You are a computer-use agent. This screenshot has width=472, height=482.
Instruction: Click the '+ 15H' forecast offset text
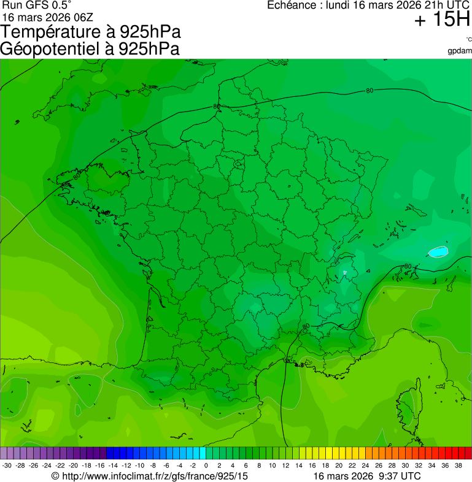(x=442, y=20)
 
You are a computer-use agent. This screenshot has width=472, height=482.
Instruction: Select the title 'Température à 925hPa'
(x=91, y=32)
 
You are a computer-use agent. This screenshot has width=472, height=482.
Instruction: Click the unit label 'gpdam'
(x=460, y=50)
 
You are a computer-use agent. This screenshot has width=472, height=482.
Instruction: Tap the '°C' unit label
(x=468, y=39)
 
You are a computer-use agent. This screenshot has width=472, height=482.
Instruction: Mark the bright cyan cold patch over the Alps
(x=438, y=251)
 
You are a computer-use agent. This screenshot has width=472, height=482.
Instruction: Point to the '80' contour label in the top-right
(x=369, y=91)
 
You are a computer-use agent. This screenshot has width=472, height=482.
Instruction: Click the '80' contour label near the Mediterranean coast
(x=306, y=326)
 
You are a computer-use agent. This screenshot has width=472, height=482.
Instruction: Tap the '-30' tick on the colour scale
(x=7, y=465)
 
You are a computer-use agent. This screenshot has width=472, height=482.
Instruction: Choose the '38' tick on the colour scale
(x=466, y=465)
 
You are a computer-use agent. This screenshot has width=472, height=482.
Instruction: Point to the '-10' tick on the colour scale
(x=141, y=465)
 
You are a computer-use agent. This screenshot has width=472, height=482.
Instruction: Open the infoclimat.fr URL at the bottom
(x=150, y=476)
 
